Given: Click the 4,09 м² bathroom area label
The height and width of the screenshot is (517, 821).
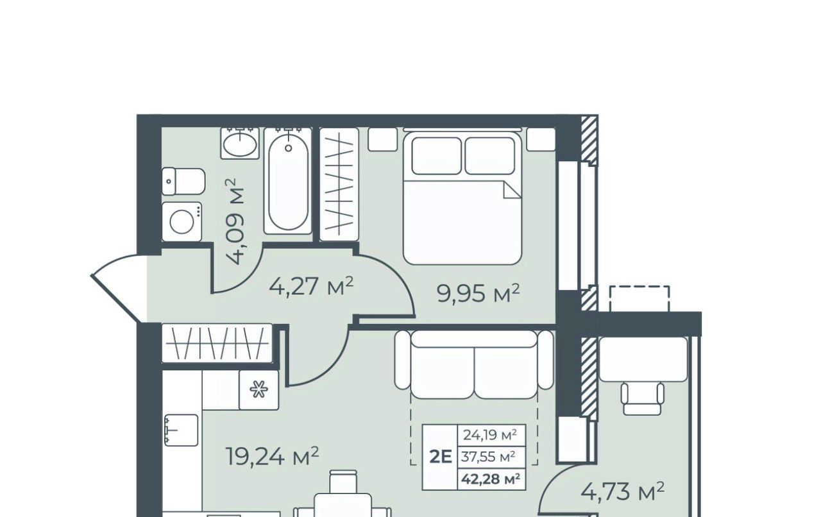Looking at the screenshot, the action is click(x=235, y=221).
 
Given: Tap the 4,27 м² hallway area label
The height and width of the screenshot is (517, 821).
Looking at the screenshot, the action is click(x=311, y=286).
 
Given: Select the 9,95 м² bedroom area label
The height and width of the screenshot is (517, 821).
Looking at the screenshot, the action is click(x=478, y=294).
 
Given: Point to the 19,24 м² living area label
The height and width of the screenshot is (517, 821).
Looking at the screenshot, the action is click(x=273, y=457).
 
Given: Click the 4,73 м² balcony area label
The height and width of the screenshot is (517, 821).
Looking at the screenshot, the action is click(x=623, y=491).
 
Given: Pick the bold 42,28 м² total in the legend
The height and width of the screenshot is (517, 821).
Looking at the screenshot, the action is click(x=491, y=479).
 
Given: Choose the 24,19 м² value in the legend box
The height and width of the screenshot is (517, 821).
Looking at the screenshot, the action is click(x=490, y=436).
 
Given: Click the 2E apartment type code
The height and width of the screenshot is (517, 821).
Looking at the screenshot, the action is click(x=441, y=457).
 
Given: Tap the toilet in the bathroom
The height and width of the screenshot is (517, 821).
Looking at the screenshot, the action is click(x=183, y=181).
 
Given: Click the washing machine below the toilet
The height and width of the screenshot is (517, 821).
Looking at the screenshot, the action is click(x=182, y=221).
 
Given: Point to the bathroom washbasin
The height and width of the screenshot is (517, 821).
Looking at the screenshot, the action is click(x=240, y=144).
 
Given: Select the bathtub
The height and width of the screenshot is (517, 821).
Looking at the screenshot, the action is click(x=288, y=181).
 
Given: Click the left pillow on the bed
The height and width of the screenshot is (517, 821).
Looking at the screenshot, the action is click(x=437, y=156).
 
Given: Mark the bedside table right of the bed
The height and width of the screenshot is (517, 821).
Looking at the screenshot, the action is click(x=541, y=139).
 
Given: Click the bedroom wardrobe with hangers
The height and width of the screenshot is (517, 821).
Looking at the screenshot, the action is click(x=339, y=185).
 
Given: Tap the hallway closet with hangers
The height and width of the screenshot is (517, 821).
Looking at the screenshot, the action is click(x=217, y=343).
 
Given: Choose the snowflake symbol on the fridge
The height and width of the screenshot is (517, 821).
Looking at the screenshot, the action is click(x=258, y=389).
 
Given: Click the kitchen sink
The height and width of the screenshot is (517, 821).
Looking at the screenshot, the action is click(x=182, y=430).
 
